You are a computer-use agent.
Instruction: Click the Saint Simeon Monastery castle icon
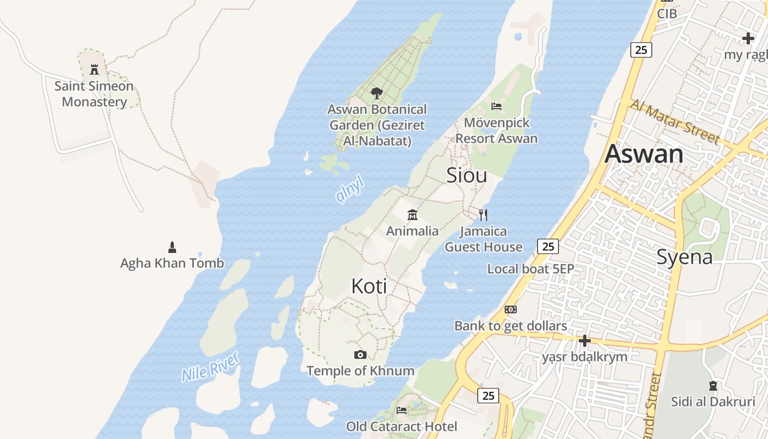point(94,70)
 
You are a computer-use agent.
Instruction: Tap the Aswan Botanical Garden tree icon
point(376,93)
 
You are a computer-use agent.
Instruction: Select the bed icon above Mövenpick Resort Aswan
point(496,106)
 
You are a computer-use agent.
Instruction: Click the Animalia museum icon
point(413,215)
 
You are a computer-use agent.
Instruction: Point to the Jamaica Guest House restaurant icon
point(483,215)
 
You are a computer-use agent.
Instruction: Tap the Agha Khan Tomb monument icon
point(172,247)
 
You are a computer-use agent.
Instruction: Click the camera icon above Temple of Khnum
point(360,354)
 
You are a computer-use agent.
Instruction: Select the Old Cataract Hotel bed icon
point(402,410)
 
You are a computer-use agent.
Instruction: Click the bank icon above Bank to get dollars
point(511,309)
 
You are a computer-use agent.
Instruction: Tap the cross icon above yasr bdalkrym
point(585,341)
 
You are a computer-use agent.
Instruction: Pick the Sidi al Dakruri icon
point(713,386)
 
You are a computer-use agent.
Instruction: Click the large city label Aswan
point(644,154)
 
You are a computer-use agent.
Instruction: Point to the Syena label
point(685,257)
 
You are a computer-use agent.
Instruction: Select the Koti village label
point(369,286)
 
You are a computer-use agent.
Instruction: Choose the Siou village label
point(466,175)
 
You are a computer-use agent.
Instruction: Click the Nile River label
point(211,368)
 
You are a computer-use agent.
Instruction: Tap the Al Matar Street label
point(674,121)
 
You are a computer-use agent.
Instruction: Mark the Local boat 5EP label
point(530,269)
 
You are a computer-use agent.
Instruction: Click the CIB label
point(667,13)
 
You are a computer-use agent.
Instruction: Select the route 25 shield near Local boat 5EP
point(548,246)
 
